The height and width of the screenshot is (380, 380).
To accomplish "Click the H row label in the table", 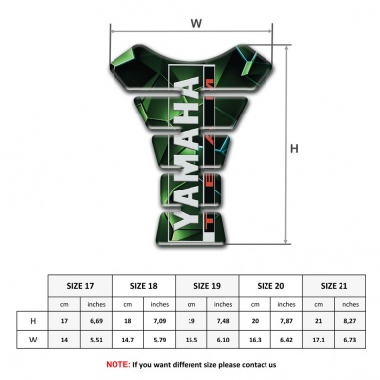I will (x=34, y=321).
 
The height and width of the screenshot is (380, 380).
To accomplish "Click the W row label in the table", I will (x=34, y=341).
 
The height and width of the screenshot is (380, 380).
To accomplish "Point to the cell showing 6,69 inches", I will (x=97, y=321).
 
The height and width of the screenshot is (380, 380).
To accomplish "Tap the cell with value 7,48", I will (x=224, y=321).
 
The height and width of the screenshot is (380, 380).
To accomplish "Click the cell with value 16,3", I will (x=256, y=341).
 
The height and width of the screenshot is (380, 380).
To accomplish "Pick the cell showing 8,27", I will (x=350, y=321).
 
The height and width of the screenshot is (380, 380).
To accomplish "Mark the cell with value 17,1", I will (x=319, y=341).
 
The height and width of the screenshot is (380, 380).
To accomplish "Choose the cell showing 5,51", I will (x=97, y=341).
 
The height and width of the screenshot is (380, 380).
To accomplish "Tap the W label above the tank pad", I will (x=196, y=20).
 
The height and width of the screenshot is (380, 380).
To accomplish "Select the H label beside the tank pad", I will (x=294, y=149).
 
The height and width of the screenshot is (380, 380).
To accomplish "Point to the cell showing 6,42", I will (x=287, y=341).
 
